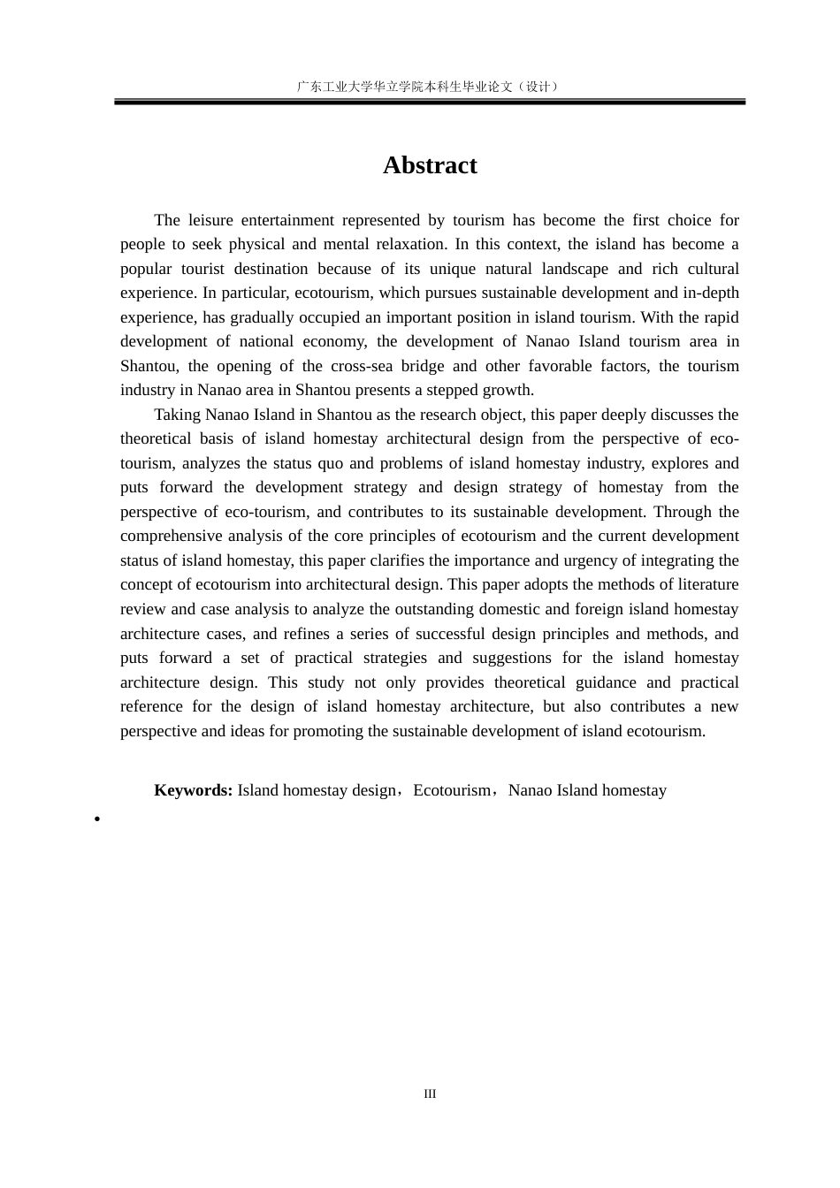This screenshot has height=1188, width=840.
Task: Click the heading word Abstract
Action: (430, 165)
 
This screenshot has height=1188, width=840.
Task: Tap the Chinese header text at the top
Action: (429, 87)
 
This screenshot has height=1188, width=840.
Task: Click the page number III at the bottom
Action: (430, 1094)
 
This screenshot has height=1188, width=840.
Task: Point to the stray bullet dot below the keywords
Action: (97, 819)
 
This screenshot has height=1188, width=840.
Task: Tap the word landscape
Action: (574, 269)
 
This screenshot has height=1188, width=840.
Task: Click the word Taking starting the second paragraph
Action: (177, 415)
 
